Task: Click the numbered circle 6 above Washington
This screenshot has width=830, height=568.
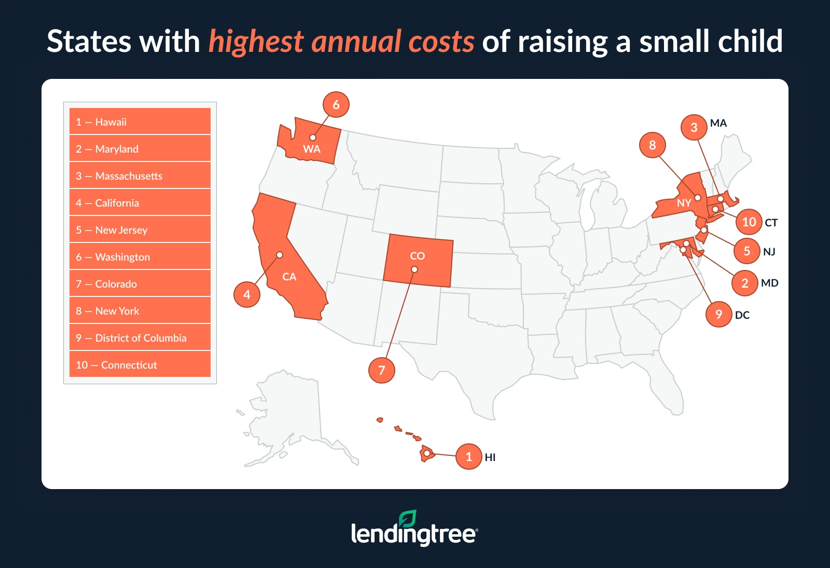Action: (x=336, y=104)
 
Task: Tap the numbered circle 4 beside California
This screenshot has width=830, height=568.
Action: (x=247, y=294)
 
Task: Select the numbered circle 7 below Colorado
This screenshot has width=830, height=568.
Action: (x=382, y=370)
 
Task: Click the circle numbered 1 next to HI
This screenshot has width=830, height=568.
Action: (x=469, y=456)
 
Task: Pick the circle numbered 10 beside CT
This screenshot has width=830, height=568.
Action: (x=749, y=222)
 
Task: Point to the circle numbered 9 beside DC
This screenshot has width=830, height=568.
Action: (x=718, y=314)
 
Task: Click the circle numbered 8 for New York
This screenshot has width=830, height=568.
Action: (x=653, y=145)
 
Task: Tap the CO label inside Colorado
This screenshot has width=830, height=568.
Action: (x=417, y=256)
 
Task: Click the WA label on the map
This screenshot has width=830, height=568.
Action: (x=311, y=149)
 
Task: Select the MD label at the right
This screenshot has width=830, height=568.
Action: (x=769, y=283)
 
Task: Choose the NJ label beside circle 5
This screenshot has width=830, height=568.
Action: (x=769, y=252)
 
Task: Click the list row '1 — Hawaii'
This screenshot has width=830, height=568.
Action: (x=140, y=121)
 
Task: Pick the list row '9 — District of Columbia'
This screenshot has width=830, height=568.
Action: (x=140, y=337)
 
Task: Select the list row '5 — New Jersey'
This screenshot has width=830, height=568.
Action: (x=140, y=229)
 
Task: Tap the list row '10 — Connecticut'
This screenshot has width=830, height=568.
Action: (x=140, y=364)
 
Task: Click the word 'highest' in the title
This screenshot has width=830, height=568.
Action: (x=256, y=42)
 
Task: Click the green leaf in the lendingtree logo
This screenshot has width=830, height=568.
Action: (x=407, y=519)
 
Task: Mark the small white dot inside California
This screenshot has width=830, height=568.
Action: (x=279, y=255)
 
